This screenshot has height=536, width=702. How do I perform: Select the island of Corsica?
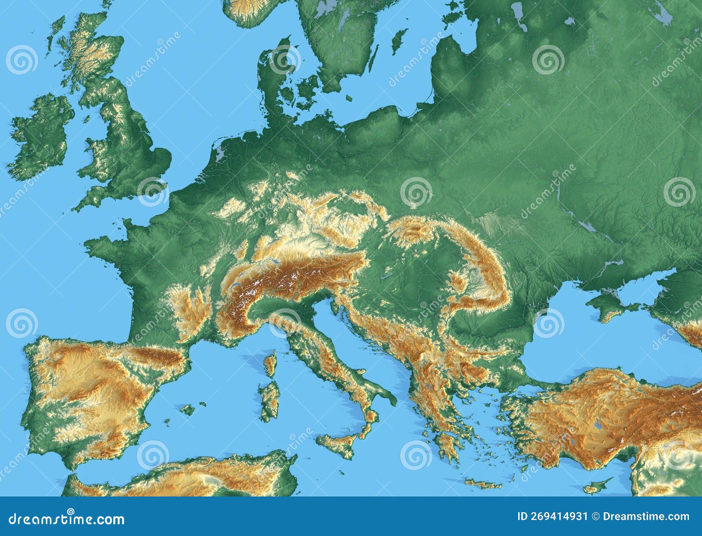(x=271, y=364)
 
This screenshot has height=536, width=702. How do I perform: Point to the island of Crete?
(x=483, y=484)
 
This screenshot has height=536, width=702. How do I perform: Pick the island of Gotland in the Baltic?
(x=398, y=40)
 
